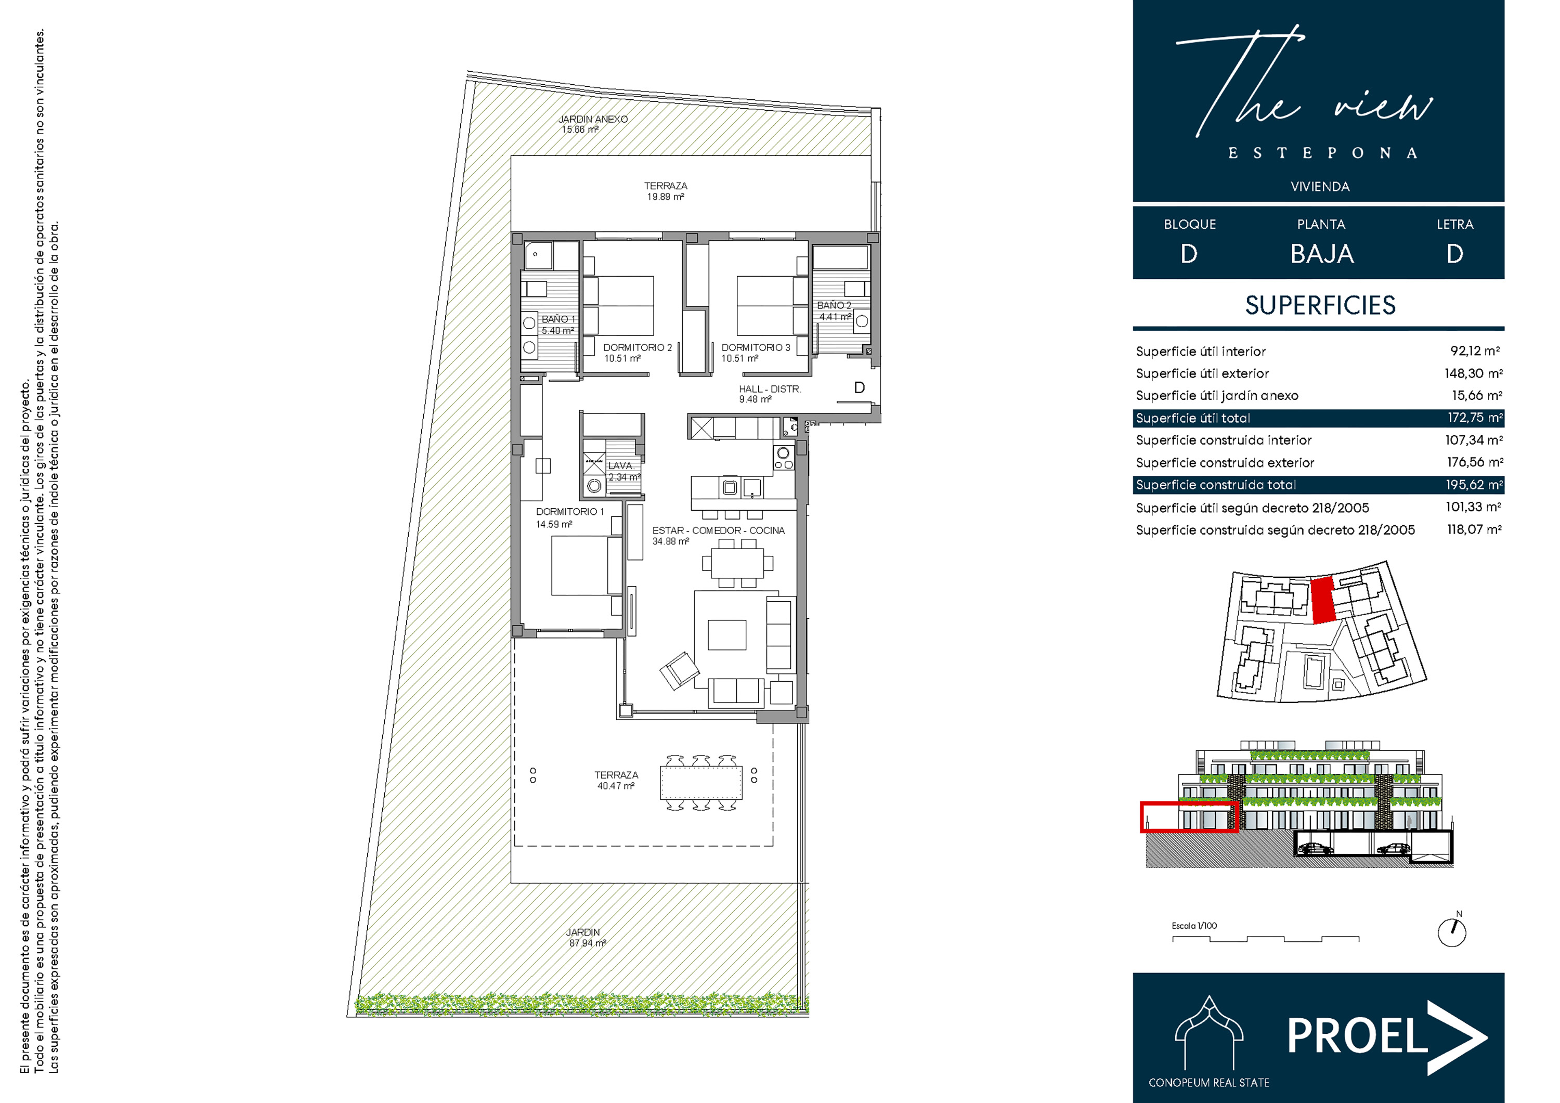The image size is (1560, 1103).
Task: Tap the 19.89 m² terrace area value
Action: point(665,197)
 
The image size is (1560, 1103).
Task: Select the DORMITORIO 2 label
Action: point(638,347)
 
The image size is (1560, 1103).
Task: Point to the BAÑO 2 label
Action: point(834,306)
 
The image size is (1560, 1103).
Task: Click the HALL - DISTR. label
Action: point(770,390)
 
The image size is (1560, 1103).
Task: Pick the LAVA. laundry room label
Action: point(621,465)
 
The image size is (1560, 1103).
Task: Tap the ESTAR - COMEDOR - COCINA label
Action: point(718,530)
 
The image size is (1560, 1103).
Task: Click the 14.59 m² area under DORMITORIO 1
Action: point(554,524)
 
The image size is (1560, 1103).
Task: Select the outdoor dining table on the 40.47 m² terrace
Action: point(700,783)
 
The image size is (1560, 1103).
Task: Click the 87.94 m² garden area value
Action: point(587,943)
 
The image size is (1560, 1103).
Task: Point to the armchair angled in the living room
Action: point(679,670)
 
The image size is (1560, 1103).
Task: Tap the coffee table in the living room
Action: point(726,635)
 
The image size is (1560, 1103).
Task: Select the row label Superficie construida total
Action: point(1216,485)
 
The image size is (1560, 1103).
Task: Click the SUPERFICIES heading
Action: point(1320,305)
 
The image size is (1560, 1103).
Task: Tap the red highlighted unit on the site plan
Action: point(1322,600)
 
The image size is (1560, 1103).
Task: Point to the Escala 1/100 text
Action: point(1194,926)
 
